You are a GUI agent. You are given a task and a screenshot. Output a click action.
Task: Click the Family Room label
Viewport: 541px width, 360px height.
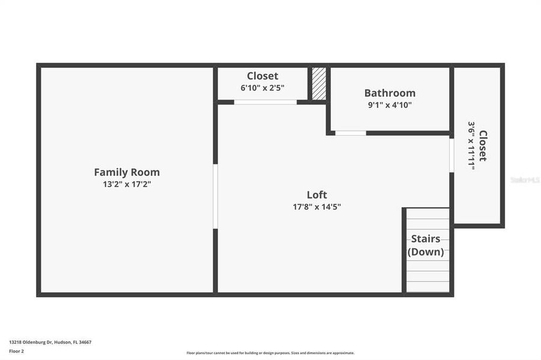point(127,172)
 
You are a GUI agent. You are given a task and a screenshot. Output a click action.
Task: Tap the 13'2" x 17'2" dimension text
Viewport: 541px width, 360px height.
point(127,185)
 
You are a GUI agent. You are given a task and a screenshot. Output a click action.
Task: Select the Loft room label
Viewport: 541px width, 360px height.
point(316,194)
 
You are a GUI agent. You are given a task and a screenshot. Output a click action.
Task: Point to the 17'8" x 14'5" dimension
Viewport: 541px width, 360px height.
point(316,207)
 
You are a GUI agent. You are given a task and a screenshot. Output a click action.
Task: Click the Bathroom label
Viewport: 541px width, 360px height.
point(390,93)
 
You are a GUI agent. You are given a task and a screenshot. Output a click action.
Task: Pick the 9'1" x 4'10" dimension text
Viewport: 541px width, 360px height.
point(390,105)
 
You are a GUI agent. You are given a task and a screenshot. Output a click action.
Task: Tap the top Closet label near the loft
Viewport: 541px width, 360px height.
point(262,76)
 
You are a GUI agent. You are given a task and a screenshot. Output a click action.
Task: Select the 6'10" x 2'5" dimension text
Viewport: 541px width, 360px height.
point(262,88)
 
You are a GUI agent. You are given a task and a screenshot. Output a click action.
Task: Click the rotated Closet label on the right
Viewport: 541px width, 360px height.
point(483,146)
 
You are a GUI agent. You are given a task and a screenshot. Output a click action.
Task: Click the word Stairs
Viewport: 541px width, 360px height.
point(426,239)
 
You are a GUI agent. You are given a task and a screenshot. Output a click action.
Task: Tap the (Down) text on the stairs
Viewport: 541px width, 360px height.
point(426,252)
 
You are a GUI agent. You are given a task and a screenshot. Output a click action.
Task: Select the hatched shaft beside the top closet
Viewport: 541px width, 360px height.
point(319,83)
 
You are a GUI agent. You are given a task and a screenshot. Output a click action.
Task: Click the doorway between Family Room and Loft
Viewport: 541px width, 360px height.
point(215,196)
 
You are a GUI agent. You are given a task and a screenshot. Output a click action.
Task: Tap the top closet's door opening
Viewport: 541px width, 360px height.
point(265,102)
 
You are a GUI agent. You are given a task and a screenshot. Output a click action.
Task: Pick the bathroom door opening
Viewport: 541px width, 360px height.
point(350,133)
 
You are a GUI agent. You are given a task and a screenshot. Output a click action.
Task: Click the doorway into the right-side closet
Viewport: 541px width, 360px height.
point(452,155)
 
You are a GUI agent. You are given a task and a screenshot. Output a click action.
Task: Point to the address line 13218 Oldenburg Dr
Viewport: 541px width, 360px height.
point(50,342)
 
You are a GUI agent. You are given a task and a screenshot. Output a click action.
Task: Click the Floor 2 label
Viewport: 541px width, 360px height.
point(16,351)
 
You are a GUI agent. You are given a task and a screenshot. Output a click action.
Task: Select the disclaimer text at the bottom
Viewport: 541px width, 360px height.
point(270,353)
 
